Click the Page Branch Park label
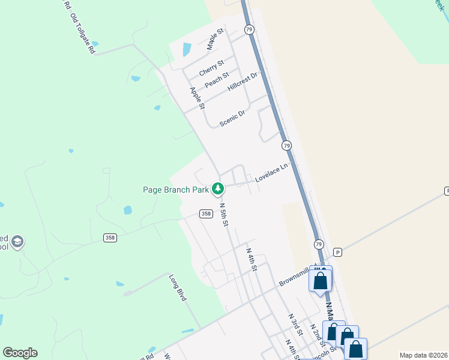175,190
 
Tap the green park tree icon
218,189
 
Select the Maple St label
215,38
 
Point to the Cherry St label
211,67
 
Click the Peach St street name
216,80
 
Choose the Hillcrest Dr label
243,82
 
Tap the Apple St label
197,98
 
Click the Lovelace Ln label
271,173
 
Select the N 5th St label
224,214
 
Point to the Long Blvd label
177,287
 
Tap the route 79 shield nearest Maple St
249,29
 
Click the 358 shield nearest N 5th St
206,214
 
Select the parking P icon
337,252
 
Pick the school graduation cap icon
17,241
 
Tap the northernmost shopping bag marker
320,280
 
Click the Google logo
20,353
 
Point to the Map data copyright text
423,355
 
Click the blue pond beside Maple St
187,49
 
